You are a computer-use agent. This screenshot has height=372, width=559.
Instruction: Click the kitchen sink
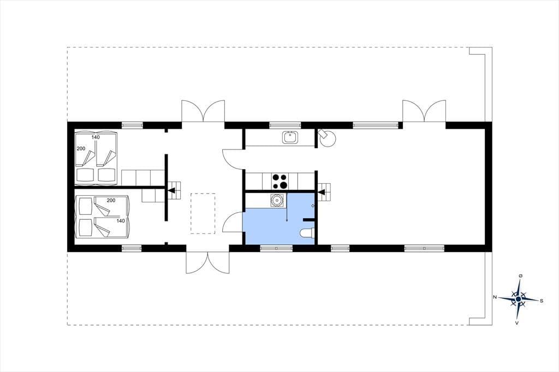pos(290,137)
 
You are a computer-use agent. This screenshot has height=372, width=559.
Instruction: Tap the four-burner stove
pos(279,181)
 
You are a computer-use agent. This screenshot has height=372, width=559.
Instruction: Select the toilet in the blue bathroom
pos(307,233)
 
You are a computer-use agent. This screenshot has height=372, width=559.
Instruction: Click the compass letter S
pos(541,301)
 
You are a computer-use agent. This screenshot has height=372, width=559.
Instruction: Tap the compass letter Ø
pos(521,276)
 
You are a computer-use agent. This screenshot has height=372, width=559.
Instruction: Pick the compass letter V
pos(516,323)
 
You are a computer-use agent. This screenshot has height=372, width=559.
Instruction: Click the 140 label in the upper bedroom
pos(96,137)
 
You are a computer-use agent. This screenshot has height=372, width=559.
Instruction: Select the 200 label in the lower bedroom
pos(111,200)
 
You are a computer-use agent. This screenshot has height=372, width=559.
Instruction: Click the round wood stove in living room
pos(328,139)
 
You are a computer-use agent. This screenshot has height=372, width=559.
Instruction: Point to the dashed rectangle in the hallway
pos(203,213)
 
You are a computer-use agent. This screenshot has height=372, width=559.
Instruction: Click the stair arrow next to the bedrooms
pos(172,190)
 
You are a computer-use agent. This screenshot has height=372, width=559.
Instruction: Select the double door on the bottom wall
pos(207,262)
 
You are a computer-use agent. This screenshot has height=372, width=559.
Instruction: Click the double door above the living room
pos(424,111)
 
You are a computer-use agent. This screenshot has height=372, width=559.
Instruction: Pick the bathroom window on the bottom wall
pos(276,248)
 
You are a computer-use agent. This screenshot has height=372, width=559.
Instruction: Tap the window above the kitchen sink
pos(285,125)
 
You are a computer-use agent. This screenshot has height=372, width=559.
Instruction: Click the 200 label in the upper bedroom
pos(81,148)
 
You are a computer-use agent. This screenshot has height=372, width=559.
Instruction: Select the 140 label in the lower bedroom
pos(121,221)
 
